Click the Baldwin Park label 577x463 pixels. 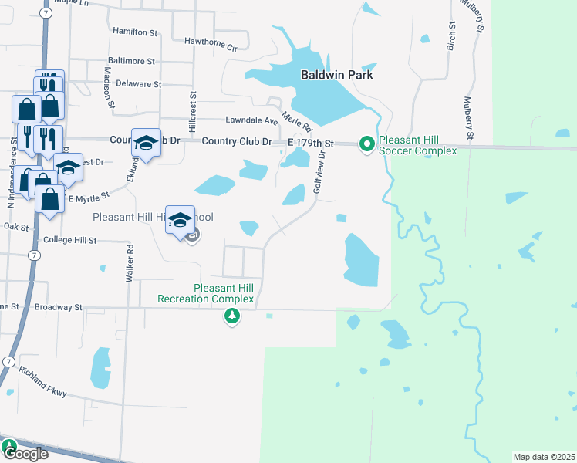[336, 75]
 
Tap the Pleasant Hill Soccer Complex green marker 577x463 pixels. [367, 144]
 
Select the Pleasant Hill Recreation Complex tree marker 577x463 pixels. [231, 316]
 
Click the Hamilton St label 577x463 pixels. [135, 32]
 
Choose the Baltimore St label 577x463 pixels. [132, 59]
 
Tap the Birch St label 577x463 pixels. [450, 35]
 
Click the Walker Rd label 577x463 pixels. [130, 262]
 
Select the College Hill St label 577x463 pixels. [69, 241]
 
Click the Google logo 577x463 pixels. [25, 454]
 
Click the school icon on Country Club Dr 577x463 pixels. [146, 142]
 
